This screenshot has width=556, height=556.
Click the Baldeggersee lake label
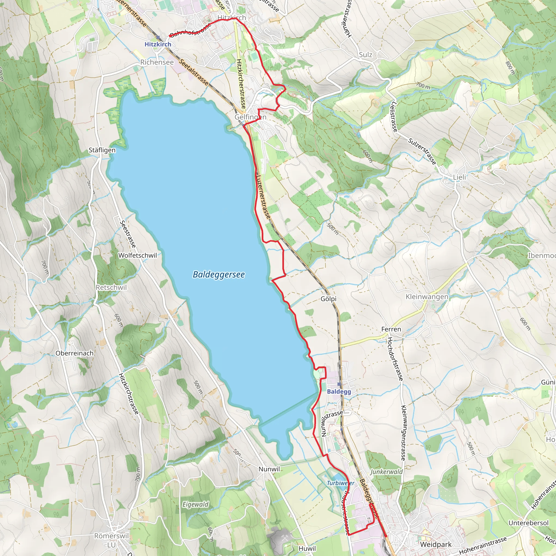pos(219,274)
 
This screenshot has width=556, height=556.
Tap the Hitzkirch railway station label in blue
pos(158,44)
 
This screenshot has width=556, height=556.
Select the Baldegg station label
pos(339,391)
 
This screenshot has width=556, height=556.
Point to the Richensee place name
pos(157,62)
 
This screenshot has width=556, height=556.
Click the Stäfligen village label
pos(102,150)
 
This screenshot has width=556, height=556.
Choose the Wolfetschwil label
pos(138,255)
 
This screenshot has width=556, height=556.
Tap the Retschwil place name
pos(111,287)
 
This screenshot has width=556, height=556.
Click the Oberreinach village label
pos(75,353)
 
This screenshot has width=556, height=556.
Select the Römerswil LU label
pos(111,540)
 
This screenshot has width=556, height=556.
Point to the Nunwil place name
pos(269,469)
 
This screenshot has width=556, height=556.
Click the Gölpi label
pos(328,299)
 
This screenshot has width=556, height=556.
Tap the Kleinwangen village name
pos(427,297)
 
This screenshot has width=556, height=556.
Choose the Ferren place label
pos(391,329)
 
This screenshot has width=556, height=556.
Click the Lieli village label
pos(459,177)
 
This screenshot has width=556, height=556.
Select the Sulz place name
pos(365,55)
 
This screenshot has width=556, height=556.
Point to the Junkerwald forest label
pos(386,472)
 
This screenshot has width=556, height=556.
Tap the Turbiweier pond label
pos(340,483)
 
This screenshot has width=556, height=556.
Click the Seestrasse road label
pos(128,234)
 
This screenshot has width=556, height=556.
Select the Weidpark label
pos(436,544)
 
